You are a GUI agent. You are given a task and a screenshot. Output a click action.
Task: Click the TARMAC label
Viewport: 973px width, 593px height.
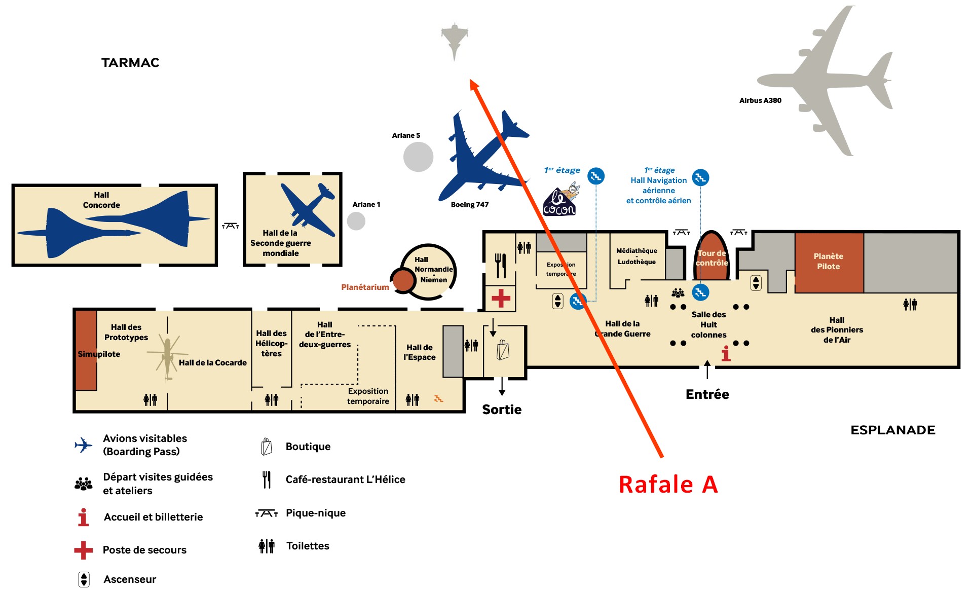(x=130, y=62)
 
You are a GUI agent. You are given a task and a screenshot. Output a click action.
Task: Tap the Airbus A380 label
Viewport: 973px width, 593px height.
(x=760, y=100)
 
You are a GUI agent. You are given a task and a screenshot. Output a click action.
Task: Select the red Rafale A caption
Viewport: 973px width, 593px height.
(x=668, y=484)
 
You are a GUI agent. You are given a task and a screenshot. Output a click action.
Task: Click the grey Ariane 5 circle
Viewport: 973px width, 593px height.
(x=419, y=157)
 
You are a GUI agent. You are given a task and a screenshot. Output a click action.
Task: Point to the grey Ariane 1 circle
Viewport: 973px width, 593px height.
(x=356, y=221)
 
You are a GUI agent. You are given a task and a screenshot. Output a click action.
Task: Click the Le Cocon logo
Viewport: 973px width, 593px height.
(x=560, y=200)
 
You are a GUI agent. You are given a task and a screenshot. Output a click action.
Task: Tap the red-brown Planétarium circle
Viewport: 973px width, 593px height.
(x=404, y=280)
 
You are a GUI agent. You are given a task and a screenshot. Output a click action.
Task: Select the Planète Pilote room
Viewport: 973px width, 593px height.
(x=829, y=263)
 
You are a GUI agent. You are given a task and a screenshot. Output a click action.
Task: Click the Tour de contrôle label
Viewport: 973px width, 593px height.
(x=712, y=258)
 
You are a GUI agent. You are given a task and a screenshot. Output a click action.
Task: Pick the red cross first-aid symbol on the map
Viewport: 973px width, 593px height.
(x=501, y=298)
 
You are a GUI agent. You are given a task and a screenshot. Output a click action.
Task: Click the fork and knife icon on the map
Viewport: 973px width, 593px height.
(x=500, y=266)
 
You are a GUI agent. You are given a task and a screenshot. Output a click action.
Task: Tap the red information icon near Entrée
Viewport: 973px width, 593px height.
(x=726, y=353)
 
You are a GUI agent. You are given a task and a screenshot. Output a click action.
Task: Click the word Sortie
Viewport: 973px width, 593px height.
(x=502, y=410)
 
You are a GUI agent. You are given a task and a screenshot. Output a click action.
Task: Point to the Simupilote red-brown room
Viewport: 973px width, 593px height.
(x=87, y=350)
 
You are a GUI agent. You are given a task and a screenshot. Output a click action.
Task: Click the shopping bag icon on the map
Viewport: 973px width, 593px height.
(x=503, y=350)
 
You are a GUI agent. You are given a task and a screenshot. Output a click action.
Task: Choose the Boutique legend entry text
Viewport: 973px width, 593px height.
(x=308, y=447)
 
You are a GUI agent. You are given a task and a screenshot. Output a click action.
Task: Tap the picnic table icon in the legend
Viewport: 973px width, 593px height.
(x=267, y=513)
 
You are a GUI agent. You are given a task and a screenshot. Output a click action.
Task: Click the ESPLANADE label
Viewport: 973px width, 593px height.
(x=893, y=430)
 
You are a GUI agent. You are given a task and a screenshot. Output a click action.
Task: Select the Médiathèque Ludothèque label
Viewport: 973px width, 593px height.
(x=637, y=256)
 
